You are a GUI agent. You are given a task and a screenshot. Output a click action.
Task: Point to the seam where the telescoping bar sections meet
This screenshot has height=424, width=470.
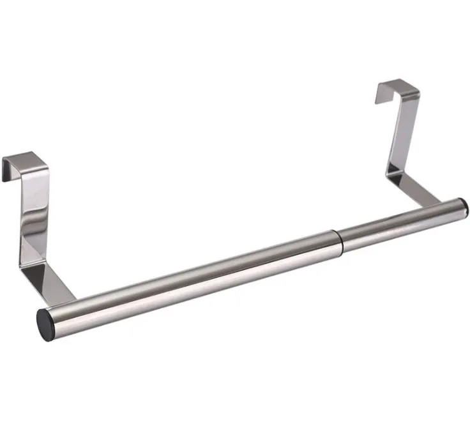pyautogui.click(x=339, y=238)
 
